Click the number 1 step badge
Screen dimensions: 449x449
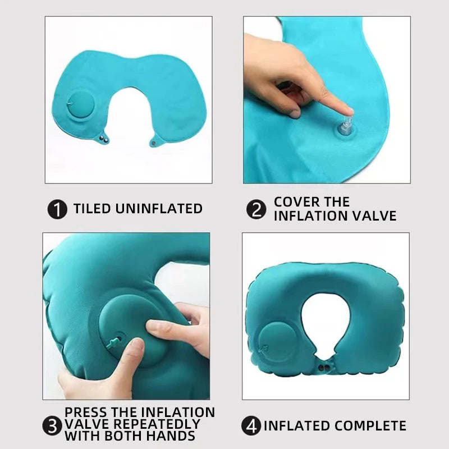(x=57, y=209)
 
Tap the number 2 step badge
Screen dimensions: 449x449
(x=255, y=209)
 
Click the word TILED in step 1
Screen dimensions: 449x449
(x=92, y=209)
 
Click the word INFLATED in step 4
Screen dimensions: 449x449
(x=297, y=425)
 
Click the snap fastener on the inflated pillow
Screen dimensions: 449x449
(x=322, y=368)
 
